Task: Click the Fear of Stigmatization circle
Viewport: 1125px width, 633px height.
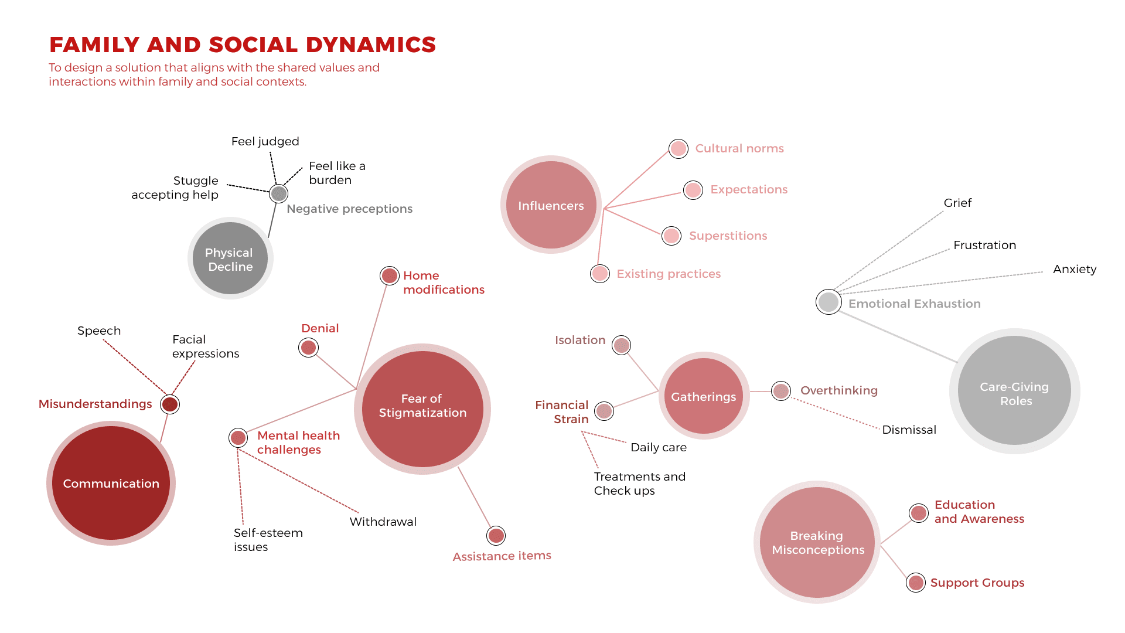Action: pyautogui.click(x=422, y=409)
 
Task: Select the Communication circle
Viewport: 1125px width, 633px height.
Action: pyautogui.click(x=111, y=483)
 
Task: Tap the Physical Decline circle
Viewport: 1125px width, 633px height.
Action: pyautogui.click(x=230, y=258)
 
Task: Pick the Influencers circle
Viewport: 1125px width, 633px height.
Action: pyautogui.click(x=551, y=205)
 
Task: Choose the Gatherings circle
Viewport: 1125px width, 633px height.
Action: pyautogui.click(x=704, y=396)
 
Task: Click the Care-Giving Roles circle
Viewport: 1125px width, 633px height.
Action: pyautogui.click(x=1015, y=391)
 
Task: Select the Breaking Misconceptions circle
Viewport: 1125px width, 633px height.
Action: pyautogui.click(x=817, y=543)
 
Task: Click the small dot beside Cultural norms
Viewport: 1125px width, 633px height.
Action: pyautogui.click(x=679, y=149)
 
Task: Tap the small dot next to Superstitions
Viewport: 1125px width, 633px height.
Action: pyautogui.click(x=671, y=236)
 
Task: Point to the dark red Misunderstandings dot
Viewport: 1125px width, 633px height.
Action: pyautogui.click(x=170, y=404)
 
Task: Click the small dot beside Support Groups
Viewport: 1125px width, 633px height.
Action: pyautogui.click(x=916, y=583)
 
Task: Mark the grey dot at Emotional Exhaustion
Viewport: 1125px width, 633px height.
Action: pyautogui.click(x=829, y=302)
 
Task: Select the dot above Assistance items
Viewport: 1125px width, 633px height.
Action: pyautogui.click(x=496, y=536)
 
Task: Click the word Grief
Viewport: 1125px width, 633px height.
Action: pyautogui.click(x=957, y=203)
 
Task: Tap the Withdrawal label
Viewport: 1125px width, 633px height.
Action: pyautogui.click(x=383, y=522)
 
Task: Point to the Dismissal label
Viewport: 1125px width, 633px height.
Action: pyautogui.click(x=909, y=430)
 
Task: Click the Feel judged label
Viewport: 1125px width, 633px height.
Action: pyautogui.click(x=265, y=141)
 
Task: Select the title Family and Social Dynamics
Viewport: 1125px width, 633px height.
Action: pyautogui.click(x=243, y=45)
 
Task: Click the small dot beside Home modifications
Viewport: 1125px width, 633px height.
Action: pyautogui.click(x=390, y=275)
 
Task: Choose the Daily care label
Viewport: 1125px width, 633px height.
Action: pyautogui.click(x=659, y=447)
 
